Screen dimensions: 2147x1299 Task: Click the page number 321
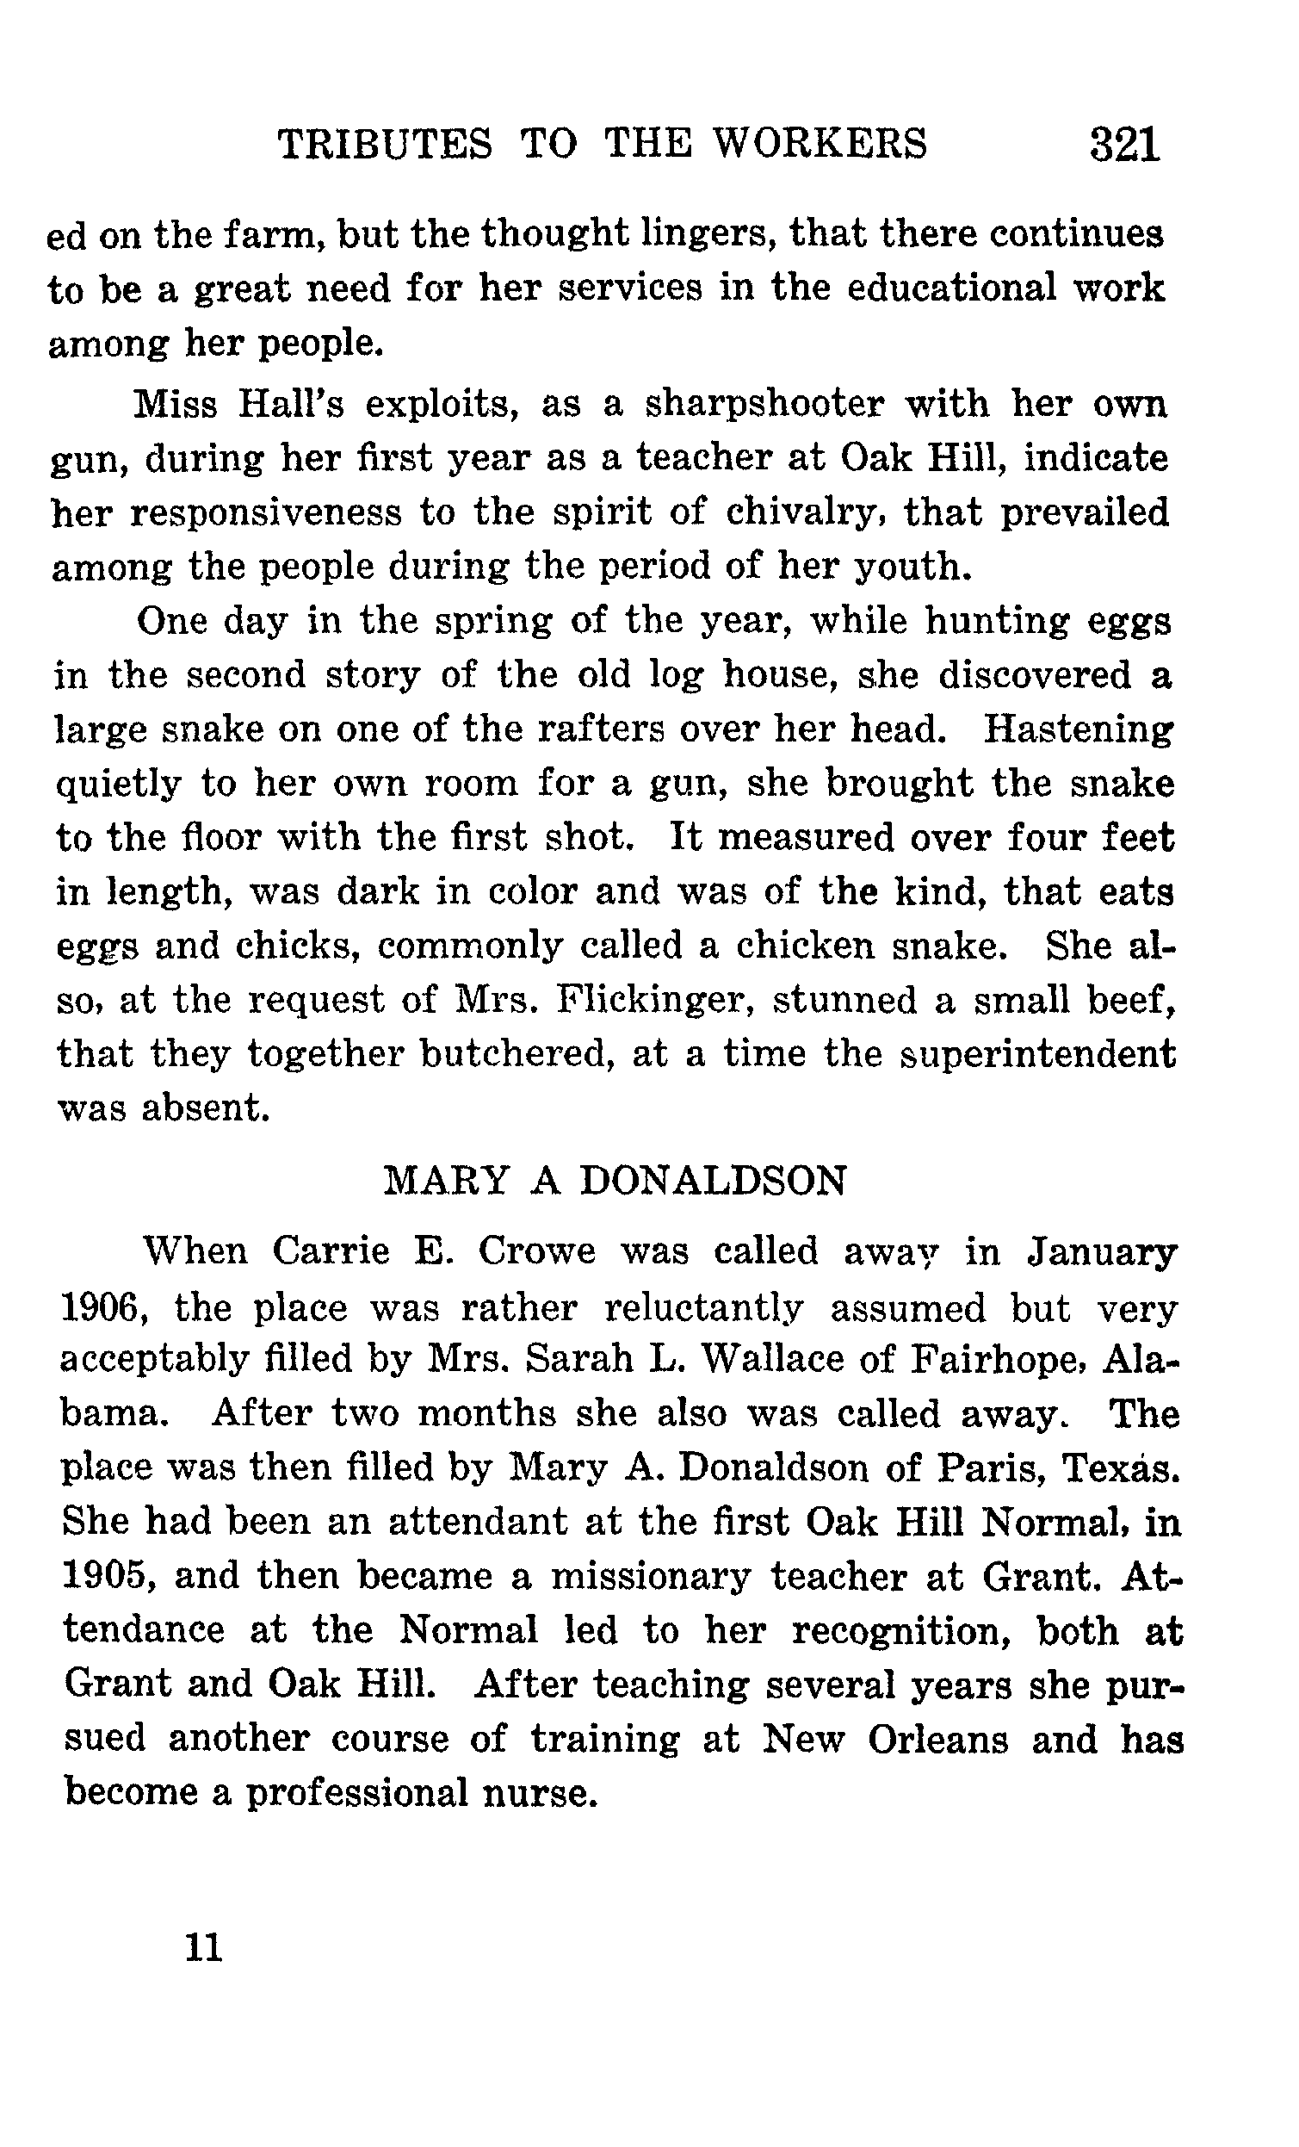[x=1125, y=144]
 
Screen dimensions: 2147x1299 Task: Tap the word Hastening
[x=1078, y=729]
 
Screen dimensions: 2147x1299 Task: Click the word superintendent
[x=1036, y=1054]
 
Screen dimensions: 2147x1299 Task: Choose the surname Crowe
[x=536, y=1251]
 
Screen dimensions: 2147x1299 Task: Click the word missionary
[x=650, y=1576]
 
